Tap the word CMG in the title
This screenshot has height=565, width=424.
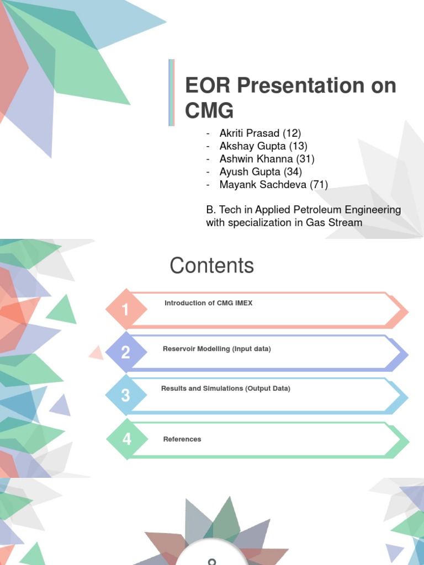point(209,111)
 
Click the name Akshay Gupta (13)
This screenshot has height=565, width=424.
point(263,146)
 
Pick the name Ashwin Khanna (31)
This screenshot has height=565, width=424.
point(267,159)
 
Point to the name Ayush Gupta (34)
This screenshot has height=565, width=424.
point(261,172)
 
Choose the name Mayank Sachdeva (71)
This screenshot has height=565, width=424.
point(273,185)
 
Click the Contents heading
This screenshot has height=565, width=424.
point(211,266)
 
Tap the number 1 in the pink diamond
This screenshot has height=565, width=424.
point(126,310)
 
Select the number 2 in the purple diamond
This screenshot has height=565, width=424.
point(126,353)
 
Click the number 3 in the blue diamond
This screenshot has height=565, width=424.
point(126,396)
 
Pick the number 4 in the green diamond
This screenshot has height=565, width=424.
point(127,439)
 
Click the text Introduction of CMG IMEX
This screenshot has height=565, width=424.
point(208,303)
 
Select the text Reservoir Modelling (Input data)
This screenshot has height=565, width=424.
point(216,349)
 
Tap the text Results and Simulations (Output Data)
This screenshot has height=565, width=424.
point(225,389)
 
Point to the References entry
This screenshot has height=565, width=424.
point(182,439)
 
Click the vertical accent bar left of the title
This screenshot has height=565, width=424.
point(171,92)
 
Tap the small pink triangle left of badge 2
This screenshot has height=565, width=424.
point(97,352)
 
